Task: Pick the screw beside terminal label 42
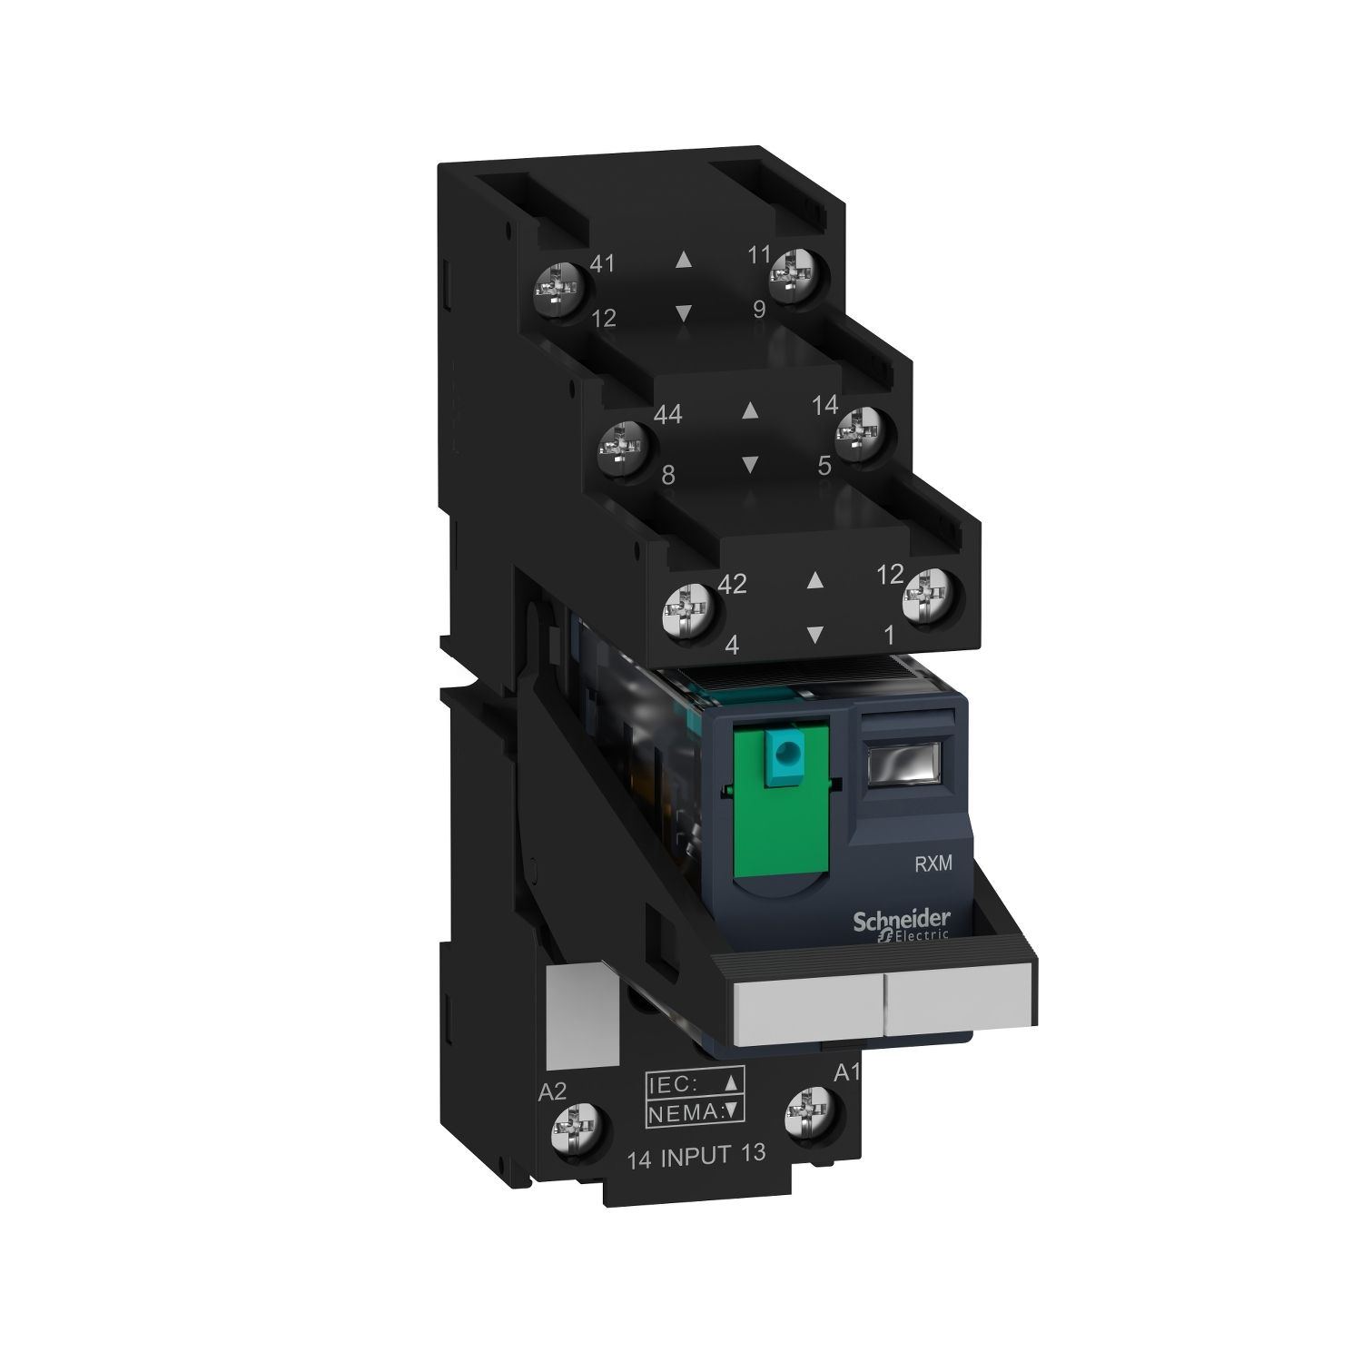click(x=687, y=605)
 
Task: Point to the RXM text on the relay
click(x=933, y=864)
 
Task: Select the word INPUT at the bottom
click(x=696, y=1157)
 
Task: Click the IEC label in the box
click(x=674, y=1082)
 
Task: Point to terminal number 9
click(x=759, y=310)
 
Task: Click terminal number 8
click(x=668, y=474)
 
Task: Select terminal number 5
click(x=824, y=466)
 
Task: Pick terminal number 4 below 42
click(x=732, y=646)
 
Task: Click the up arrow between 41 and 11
click(x=684, y=260)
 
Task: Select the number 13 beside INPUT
click(x=753, y=1152)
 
